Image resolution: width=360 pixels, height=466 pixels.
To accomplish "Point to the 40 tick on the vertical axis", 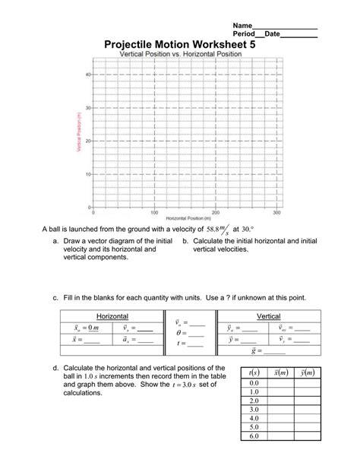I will click(87, 74).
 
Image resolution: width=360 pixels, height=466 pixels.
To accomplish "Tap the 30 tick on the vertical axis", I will click(87, 108).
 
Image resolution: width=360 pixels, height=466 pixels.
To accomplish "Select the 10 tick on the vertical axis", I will click(87, 174).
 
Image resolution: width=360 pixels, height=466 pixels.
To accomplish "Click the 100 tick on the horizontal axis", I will click(154, 213).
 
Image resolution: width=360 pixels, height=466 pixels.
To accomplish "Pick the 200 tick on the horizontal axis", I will click(216, 213).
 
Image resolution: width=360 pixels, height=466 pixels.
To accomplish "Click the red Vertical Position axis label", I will click(77, 132).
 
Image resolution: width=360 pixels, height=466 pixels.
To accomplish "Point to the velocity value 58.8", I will click(216, 228).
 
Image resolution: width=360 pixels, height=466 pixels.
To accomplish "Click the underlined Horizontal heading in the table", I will click(112, 315).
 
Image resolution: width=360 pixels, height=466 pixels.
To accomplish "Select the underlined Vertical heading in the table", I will click(269, 315).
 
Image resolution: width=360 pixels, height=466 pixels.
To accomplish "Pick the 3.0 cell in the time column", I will click(254, 409).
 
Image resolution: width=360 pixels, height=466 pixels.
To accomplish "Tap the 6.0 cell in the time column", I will click(254, 436).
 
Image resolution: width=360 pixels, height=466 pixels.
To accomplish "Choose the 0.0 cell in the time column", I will click(254, 383).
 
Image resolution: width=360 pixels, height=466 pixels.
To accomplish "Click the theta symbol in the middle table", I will click(178, 332).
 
